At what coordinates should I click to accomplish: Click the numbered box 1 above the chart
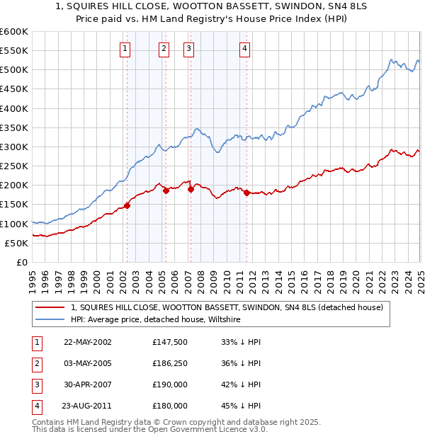(125, 49)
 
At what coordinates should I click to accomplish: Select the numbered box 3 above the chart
(189, 49)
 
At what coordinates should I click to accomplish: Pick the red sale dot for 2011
(246, 193)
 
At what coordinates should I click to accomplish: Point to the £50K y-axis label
(16, 243)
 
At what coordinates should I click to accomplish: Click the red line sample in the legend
(50, 307)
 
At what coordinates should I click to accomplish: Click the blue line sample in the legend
(50, 320)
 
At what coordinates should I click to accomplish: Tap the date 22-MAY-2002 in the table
(88, 341)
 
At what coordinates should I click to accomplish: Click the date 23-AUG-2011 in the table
(88, 406)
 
